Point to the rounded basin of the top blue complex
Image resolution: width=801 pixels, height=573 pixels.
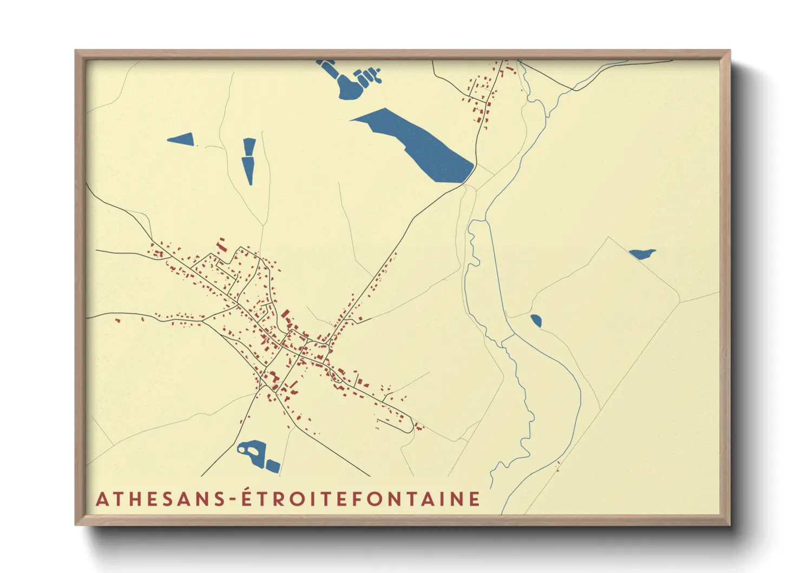tap(350, 89)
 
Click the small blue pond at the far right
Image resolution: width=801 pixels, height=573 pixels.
tap(642, 253)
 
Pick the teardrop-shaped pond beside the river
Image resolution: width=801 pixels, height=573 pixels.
tap(536, 321)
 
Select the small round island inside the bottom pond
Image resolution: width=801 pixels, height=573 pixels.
tap(241, 449)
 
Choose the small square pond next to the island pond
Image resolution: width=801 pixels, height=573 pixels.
tap(272, 465)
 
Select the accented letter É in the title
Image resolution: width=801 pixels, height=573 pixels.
tap(247, 497)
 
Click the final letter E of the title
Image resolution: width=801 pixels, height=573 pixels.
tap(475, 499)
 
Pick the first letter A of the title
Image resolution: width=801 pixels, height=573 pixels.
tap(102, 499)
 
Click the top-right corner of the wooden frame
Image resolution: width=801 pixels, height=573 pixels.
tap(730, 51)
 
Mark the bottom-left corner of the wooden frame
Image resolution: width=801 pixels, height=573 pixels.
tap(76, 524)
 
